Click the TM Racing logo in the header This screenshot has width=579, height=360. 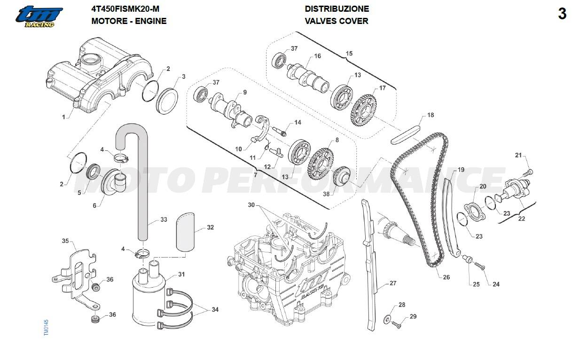[x=39, y=17]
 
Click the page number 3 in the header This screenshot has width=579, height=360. [x=562, y=14]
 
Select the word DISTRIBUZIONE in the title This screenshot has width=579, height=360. [x=337, y=9]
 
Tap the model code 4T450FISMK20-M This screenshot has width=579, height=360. [x=125, y=9]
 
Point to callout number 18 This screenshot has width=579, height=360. [x=430, y=115]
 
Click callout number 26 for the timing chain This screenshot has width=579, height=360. [x=446, y=277]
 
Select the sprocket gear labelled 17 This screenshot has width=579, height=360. [x=364, y=110]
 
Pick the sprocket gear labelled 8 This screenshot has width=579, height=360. [x=320, y=164]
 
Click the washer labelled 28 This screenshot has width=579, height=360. [x=387, y=320]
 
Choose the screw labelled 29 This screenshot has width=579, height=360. [x=396, y=324]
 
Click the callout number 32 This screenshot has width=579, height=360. [x=211, y=227]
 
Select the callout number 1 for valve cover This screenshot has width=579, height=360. [x=63, y=117]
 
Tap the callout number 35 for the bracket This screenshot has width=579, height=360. [x=65, y=241]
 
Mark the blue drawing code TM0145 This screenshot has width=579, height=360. [x=46, y=328]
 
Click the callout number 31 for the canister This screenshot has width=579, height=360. [x=181, y=274]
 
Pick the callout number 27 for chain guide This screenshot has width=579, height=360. [x=393, y=283]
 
